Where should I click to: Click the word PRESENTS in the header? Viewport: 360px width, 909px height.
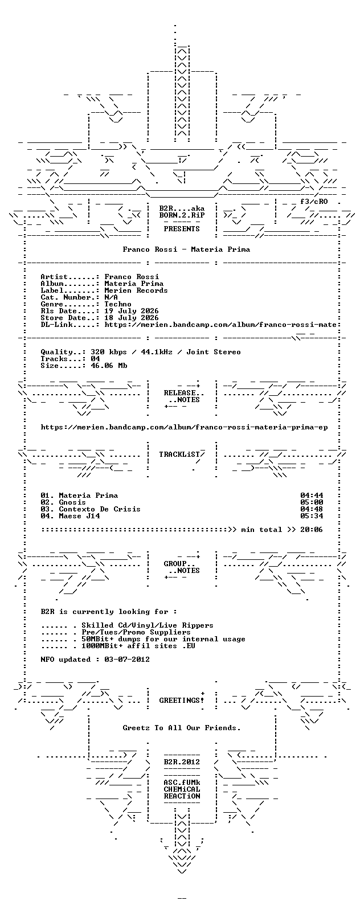coord(182,229)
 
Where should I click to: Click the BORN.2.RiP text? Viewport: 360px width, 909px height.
coord(182,215)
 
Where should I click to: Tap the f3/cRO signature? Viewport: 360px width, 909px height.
coord(314,201)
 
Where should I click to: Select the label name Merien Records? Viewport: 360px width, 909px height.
coord(136,290)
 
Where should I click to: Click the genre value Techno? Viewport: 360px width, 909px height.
coord(118,304)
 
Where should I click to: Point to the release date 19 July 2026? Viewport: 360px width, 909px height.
coord(132,311)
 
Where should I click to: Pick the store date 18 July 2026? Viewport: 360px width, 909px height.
coord(132,318)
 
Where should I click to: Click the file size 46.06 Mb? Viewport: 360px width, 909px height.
coord(109,366)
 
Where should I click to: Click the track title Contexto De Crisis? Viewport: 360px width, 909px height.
coord(100,509)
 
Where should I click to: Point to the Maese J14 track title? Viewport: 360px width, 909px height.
coord(79,516)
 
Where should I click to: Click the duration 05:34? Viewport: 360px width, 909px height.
coord(312,516)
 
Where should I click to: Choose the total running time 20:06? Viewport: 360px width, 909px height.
coord(312,530)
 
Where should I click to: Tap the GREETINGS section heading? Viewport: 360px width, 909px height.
coord(179,701)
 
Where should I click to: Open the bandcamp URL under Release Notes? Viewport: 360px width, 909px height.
coord(184,427)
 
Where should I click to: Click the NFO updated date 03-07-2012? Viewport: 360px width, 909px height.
coord(126,660)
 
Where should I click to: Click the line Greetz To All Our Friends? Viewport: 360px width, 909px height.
coord(182,728)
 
